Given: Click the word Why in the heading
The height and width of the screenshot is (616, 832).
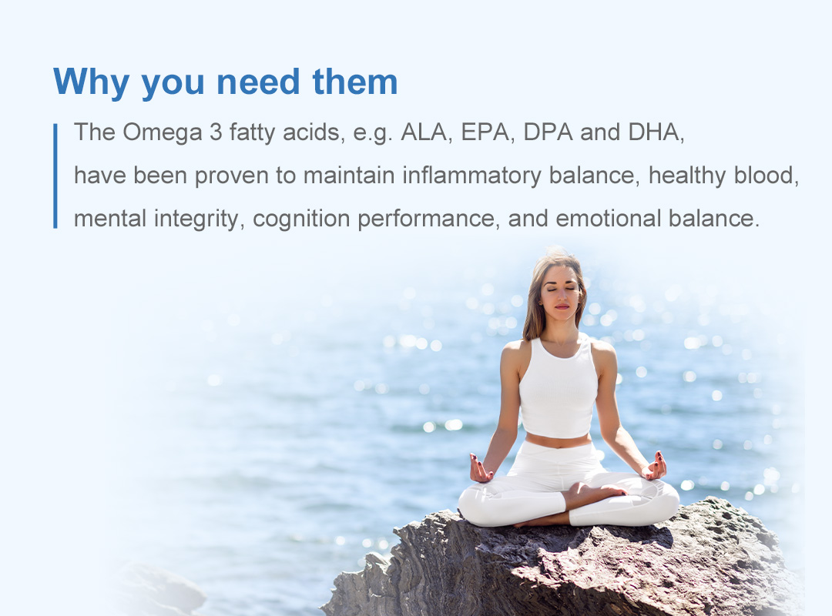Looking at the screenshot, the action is [91, 82].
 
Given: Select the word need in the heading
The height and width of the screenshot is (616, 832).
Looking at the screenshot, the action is [258, 82].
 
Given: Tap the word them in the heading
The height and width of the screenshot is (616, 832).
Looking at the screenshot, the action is [355, 82].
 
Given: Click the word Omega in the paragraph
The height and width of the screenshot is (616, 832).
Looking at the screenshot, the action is [163, 132].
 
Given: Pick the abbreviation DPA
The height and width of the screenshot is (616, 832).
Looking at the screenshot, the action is [549, 132].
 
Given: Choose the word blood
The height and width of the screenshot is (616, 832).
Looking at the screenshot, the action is [767, 176].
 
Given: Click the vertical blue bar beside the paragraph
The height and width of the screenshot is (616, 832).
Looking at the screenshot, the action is [55, 176].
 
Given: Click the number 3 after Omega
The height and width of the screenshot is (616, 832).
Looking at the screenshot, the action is [216, 132].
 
